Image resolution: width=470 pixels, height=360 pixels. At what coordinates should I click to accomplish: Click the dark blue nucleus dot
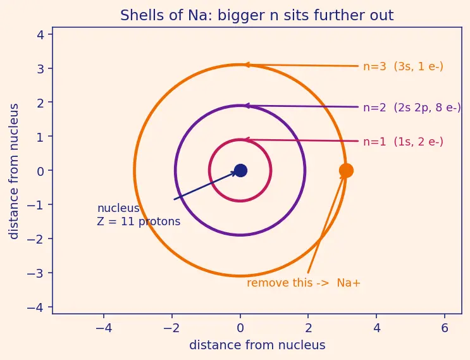click(x=240, y=171)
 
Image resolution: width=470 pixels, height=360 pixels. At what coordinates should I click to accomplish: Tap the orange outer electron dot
click(x=346, y=171)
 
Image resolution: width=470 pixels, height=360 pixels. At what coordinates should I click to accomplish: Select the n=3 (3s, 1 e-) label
click(x=403, y=66)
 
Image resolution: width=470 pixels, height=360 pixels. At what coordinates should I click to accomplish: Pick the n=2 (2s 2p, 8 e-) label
click(x=412, y=108)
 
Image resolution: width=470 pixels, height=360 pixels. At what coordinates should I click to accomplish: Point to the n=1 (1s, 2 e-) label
click(x=403, y=142)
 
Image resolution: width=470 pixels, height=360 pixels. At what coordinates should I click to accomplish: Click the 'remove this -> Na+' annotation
click(x=304, y=283)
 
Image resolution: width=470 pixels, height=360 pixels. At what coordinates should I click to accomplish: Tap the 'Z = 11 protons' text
click(x=139, y=221)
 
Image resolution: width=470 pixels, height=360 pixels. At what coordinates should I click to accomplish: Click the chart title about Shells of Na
click(x=257, y=15)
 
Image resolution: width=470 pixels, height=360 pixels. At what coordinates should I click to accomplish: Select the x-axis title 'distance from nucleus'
click(x=257, y=345)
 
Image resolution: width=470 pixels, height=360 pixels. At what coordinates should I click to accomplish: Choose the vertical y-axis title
click(x=14, y=171)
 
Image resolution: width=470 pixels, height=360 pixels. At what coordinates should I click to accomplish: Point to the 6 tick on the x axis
click(x=445, y=328)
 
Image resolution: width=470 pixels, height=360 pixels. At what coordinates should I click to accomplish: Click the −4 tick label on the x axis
click(x=104, y=328)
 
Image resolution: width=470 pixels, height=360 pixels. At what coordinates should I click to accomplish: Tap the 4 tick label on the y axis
click(x=40, y=34)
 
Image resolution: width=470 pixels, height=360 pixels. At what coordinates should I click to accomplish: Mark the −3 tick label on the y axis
click(x=35, y=273)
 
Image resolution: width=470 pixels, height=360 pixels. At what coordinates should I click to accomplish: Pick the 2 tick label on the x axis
click(x=308, y=328)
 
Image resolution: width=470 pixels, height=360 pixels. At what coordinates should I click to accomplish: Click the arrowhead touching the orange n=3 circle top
click(x=247, y=65)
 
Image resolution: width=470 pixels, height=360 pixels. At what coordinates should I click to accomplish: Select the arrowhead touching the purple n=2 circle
click(x=247, y=106)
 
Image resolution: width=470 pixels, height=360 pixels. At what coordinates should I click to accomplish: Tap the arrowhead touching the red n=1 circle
click(x=247, y=139)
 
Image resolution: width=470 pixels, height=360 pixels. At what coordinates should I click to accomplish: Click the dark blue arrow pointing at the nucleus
click(x=205, y=185)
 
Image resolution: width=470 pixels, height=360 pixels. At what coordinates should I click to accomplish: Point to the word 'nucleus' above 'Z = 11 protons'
click(x=118, y=208)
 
